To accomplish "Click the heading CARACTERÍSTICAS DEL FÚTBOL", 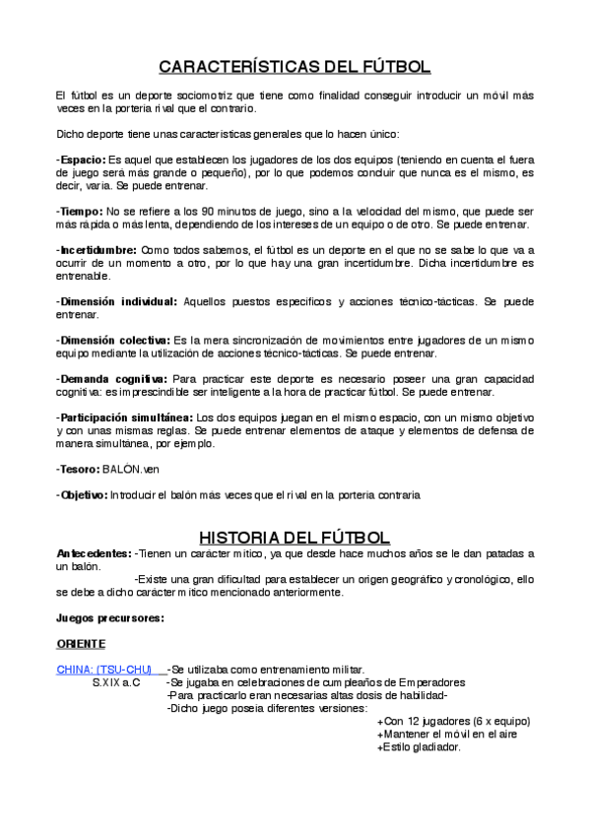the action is (x=295, y=67).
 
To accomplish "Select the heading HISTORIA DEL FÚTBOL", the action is (x=295, y=538).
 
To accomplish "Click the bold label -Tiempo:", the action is (x=79, y=212).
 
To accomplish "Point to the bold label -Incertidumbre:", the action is (x=97, y=250).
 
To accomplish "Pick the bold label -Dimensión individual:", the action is (x=116, y=301).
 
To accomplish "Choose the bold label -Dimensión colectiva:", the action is (x=113, y=340).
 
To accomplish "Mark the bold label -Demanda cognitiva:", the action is (x=111, y=378).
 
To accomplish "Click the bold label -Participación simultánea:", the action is (x=126, y=417).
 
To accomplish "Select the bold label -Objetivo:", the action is (x=82, y=495).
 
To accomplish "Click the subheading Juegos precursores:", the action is (x=108, y=617).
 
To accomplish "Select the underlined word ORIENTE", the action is (x=81, y=643).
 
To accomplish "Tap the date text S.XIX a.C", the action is (x=116, y=682).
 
